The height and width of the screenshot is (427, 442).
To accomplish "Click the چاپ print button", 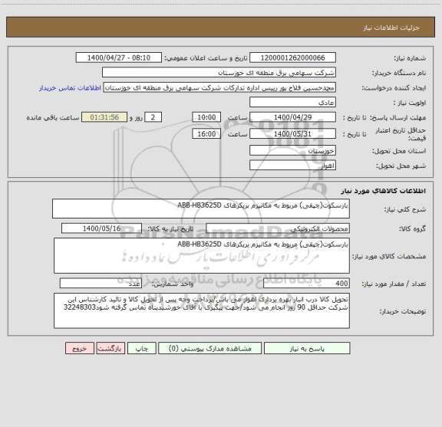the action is [x=142, y=347].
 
